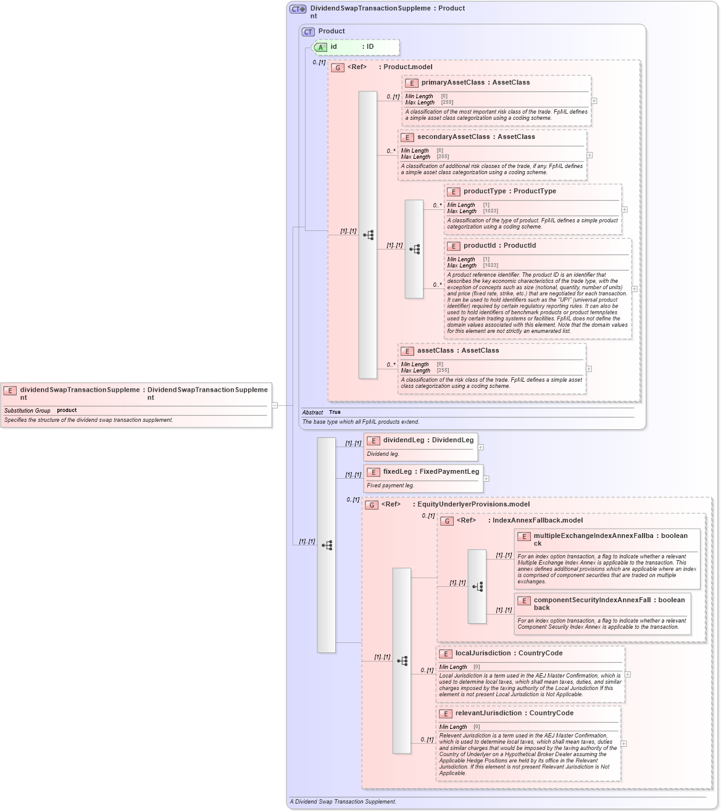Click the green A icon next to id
tap(320, 48)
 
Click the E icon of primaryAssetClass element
tap(412, 83)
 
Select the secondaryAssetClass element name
tap(453, 137)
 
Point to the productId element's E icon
tap(454, 246)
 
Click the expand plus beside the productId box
tap(634, 289)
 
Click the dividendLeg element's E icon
tap(373, 441)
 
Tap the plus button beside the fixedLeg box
tap(486, 479)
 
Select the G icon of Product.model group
tap(338, 68)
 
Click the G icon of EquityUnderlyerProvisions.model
tap(372, 505)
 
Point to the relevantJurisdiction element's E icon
tap(446, 714)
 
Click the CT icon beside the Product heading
tap(308, 32)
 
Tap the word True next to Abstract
tap(335, 412)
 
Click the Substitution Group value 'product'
tap(67, 410)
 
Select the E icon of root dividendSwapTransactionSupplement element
tap(10, 391)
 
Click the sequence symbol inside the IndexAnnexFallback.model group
tap(477, 586)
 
